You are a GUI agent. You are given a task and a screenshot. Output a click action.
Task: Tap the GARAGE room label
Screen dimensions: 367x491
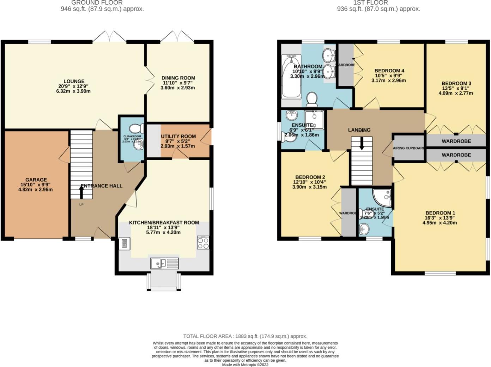pyautogui.click(x=36, y=180)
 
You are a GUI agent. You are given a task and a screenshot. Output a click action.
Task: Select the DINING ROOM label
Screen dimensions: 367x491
pyautogui.click(x=178, y=78)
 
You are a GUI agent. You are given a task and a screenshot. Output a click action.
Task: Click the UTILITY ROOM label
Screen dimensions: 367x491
pyautogui.click(x=178, y=136)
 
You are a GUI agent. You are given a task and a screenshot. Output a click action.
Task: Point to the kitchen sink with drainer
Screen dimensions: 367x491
pyautogui.click(x=165, y=263)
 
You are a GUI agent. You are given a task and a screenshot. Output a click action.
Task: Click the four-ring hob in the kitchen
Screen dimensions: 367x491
pyautogui.click(x=203, y=243)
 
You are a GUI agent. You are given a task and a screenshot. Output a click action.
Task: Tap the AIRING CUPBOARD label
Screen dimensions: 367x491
pyautogui.click(x=408, y=148)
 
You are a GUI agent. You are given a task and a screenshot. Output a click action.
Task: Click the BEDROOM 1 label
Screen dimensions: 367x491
pyautogui.click(x=440, y=213)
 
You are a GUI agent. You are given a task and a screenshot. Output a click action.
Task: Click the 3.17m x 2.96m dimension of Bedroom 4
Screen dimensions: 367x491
pyautogui.click(x=389, y=80)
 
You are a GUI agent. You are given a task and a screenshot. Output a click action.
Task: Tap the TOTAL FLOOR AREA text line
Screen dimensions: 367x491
pyautogui.click(x=245, y=336)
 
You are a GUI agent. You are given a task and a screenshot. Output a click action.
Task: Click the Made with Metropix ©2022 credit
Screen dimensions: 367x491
pyautogui.click(x=245, y=365)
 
